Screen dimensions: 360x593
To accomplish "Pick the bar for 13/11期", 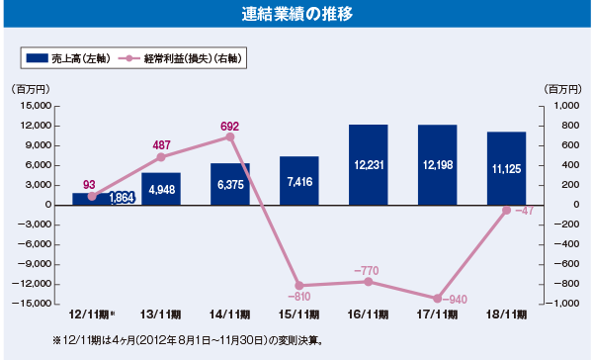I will [161, 189].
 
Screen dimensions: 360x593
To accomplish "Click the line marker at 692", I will [230, 137].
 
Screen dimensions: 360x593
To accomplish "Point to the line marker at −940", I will [437, 298].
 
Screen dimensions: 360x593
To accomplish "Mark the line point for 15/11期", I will [299, 285].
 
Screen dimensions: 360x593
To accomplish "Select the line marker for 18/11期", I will [506, 210].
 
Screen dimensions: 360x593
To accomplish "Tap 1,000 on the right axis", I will [561, 106].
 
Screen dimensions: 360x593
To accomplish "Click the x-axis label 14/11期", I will [229, 315].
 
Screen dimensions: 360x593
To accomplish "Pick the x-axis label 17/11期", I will [437, 315].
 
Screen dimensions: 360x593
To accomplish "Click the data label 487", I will [162, 145].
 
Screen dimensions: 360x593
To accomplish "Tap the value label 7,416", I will [299, 183].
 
